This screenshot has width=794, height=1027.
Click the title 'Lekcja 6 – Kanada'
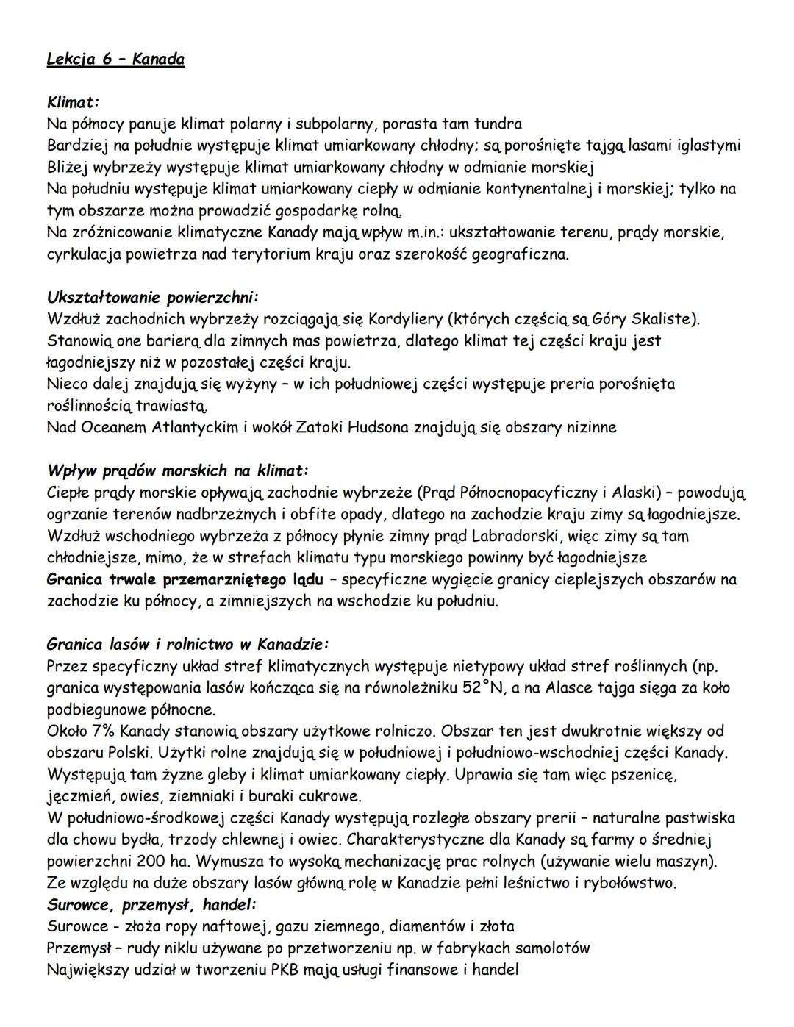pyautogui.click(x=115, y=59)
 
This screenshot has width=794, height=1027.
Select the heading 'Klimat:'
pyautogui.click(x=73, y=101)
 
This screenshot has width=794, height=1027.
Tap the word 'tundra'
pyautogui.click(x=498, y=124)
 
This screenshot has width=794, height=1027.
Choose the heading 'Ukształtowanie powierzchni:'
pyautogui.click(x=153, y=298)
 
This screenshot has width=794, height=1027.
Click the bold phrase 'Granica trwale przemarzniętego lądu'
pyautogui.click(x=185, y=579)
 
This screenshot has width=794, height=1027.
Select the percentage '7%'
pyautogui.click(x=103, y=731)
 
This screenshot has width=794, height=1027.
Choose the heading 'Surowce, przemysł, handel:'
pyautogui.click(x=151, y=904)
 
